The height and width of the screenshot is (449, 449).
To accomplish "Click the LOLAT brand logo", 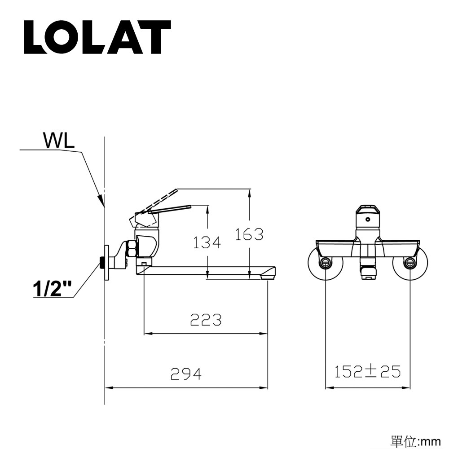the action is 97,37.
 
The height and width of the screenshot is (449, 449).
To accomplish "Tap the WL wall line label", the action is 58,140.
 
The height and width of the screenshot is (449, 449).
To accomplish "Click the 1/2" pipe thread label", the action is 52,289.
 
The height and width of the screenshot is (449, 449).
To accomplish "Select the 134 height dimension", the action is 207,242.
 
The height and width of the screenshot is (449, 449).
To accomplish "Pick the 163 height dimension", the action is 249,234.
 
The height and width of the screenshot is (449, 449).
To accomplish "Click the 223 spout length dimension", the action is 206,320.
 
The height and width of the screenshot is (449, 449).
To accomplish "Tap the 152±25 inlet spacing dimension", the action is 367,371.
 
